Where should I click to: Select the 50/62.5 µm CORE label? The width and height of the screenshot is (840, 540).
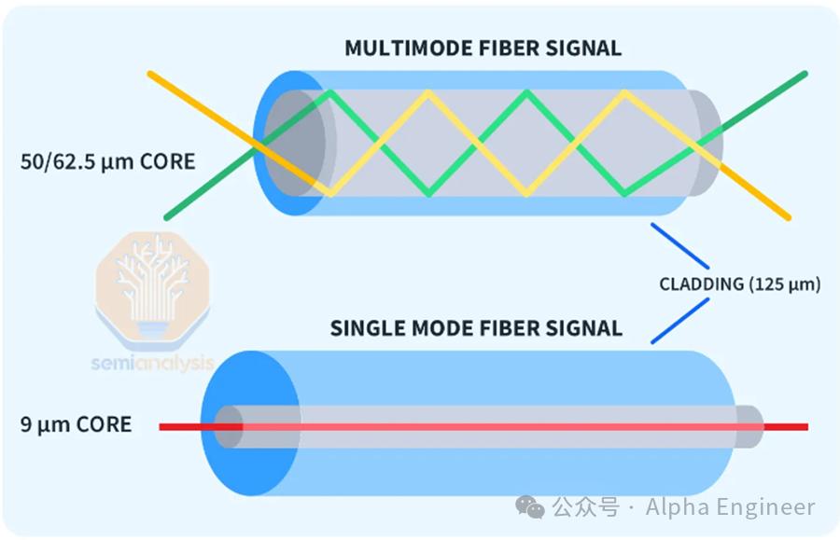click(107, 161)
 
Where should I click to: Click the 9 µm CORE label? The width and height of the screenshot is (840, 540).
click(77, 424)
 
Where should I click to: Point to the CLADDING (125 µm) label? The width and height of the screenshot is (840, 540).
click(740, 284)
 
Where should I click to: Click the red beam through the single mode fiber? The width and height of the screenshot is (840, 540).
click(483, 426)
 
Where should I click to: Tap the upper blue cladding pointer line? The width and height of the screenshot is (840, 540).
click(679, 245)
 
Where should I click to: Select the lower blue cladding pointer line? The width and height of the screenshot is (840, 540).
click(679, 321)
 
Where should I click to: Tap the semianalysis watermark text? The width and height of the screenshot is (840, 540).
click(153, 364)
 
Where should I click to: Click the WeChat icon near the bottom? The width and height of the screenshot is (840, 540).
click(530, 506)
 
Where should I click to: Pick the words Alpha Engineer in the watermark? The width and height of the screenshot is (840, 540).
click(730, 506)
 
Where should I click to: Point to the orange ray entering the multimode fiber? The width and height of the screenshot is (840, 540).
click(236, 131)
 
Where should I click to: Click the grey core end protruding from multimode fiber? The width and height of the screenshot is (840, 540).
click(706, 143)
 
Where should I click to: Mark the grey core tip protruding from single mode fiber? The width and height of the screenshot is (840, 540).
click(749, 426)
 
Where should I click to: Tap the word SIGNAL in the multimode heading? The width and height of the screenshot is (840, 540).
click(583, 48)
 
